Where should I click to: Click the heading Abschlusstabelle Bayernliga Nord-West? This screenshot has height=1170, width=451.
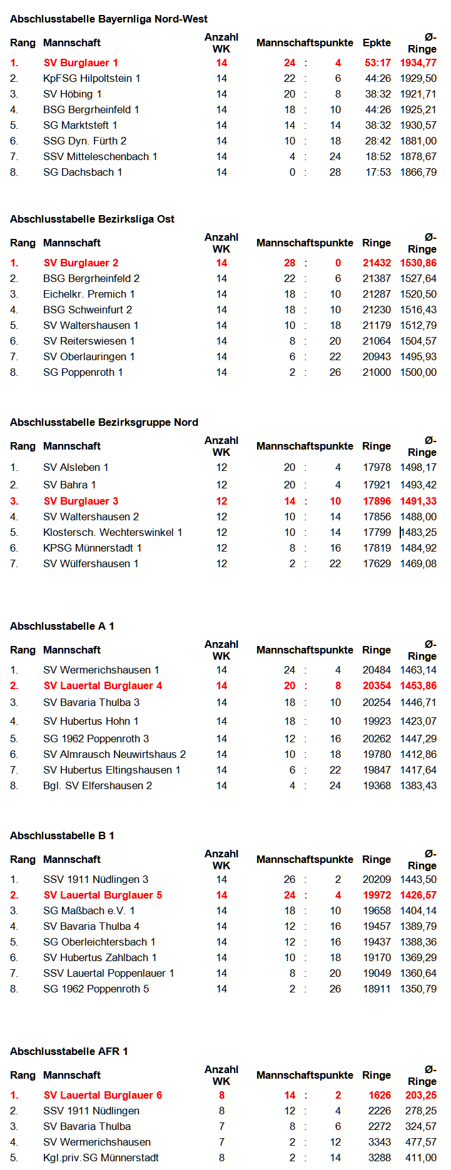tap(109, 19)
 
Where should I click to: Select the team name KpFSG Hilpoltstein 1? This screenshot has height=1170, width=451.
tap(91, 78)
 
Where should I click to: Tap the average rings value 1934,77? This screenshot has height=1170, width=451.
tap(418, 63)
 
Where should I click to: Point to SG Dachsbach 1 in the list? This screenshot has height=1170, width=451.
tap(83, 172)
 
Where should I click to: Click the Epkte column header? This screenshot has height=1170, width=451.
tap(377, 43)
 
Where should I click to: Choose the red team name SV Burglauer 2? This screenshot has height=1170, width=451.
tap(81, 263)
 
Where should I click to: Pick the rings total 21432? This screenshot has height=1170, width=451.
tap(377, 263)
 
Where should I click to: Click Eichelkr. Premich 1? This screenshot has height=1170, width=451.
tap(89, 294)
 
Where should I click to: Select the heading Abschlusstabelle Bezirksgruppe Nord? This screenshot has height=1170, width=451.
tap(104, 422)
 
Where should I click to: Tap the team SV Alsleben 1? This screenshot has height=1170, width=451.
tap(76, 467)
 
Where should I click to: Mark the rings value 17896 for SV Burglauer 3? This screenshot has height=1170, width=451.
tap(377, 501)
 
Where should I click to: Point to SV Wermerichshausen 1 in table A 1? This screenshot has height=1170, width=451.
tap(101, 670)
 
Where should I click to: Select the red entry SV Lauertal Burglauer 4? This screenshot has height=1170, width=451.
tap(103, 685)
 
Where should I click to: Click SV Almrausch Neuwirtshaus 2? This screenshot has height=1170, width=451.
tap(114, 754)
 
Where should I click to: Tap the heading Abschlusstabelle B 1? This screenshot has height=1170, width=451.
tap(62, 835)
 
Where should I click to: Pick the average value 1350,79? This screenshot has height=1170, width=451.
tap(418, 989)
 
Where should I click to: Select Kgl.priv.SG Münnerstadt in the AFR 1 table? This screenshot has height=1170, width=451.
tap(101, 1157)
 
